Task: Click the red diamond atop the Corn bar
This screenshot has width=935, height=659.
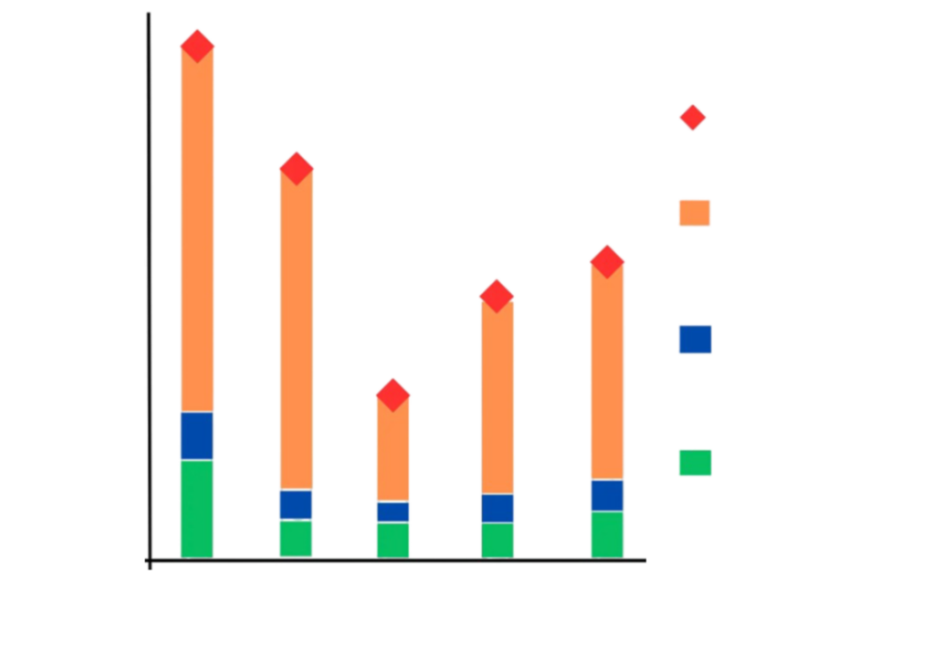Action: [197, 44]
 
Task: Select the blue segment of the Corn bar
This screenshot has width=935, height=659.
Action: [197, 435]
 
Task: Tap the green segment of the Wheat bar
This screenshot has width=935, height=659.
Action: [296, 538]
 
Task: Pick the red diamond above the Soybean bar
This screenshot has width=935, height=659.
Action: [394, 394]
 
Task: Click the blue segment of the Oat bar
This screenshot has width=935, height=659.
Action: [498, 507]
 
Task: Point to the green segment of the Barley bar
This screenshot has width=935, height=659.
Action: [607, 533]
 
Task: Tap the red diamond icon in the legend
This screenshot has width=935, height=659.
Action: [693, 118]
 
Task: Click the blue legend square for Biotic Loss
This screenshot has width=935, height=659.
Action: [694, 339]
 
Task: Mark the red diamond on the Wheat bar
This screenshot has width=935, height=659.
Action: [297, 167]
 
